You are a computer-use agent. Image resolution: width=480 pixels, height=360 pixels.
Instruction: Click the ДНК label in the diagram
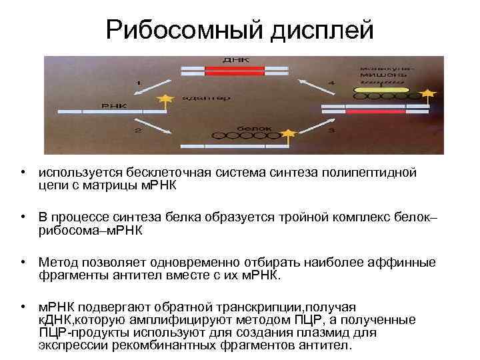(x=237, y=59)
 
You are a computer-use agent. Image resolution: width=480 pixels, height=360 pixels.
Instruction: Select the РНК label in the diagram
(x=110, y=105)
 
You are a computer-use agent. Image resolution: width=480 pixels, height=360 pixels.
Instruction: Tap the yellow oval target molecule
(x=381, y=89)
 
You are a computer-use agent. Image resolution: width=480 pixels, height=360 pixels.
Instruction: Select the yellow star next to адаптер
(x=163, y=100)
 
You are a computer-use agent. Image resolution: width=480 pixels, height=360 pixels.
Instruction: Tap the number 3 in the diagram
(x=331, y=130)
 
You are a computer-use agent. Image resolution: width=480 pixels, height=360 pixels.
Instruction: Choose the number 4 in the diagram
(x=331, y=82)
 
